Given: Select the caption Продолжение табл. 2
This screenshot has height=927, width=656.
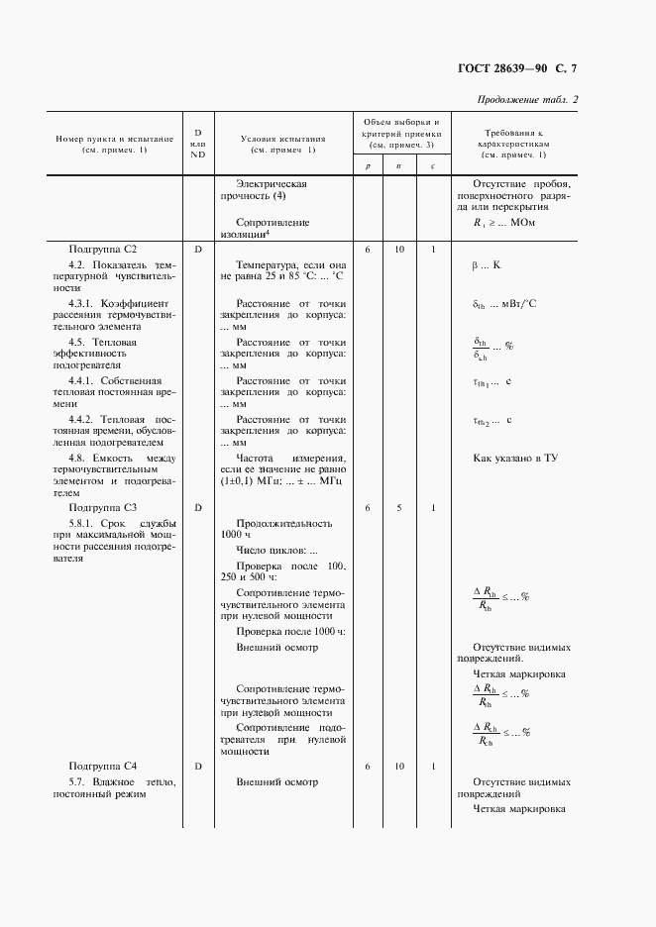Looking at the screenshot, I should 527,100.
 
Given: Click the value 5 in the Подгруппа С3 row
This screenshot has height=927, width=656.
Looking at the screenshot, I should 399,507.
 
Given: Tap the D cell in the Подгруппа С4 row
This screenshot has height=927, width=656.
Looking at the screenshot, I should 198,766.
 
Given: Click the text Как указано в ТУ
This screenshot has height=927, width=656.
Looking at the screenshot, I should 515,458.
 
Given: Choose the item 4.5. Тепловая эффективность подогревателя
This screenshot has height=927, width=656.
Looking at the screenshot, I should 114,352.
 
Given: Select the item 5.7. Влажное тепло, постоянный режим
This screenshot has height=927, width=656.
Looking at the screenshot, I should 114,788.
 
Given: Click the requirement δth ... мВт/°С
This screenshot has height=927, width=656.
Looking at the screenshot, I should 505,305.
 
